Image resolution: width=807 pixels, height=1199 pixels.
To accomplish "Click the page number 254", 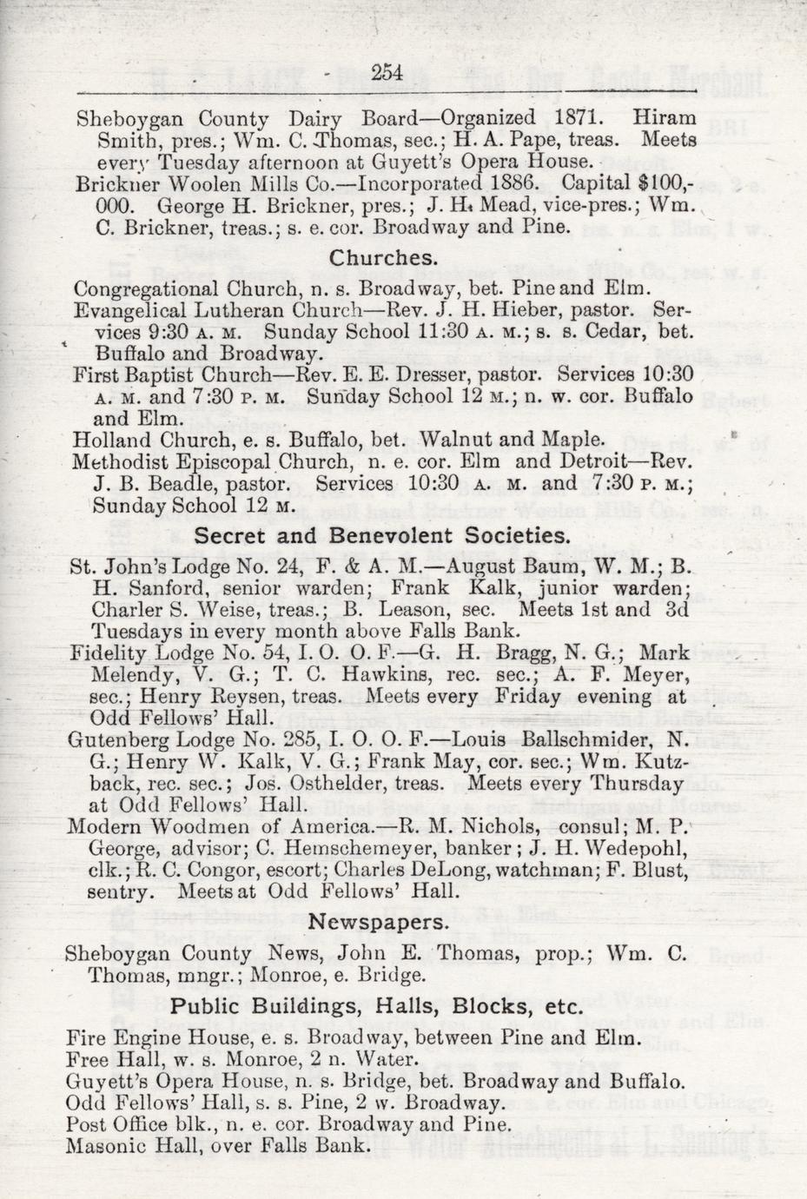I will click(386, 74).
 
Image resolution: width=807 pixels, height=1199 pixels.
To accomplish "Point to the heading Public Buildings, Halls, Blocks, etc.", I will click(375, 1006).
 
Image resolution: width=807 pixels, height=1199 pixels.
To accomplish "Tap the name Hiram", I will click(665, 117).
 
